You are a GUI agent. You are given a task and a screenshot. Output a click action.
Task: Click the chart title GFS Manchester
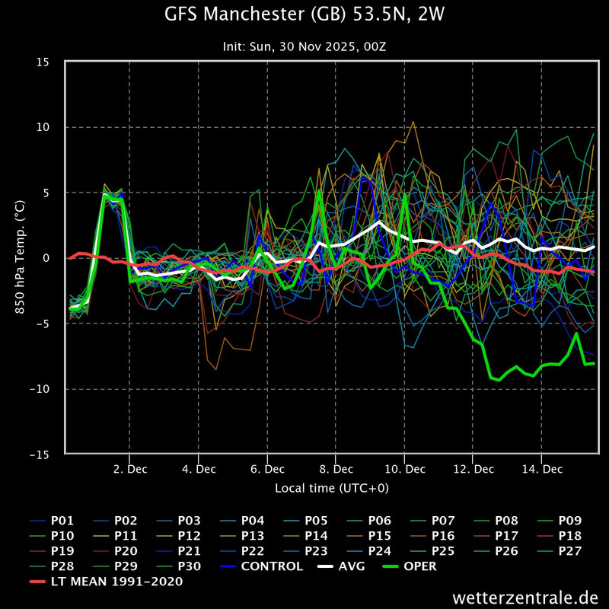point(304,14)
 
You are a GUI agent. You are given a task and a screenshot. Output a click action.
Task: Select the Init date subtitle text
point(304,46)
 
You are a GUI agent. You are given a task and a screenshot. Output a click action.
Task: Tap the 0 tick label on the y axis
point(55,258)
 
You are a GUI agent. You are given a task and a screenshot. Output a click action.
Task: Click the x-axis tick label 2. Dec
point(129,470)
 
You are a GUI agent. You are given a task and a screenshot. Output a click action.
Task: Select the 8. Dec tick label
point(336,470)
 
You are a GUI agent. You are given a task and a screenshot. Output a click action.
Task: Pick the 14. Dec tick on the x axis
point(541,470)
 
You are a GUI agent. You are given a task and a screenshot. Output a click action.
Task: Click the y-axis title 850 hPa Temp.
point(21,258)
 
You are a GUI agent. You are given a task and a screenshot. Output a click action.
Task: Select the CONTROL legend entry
point(272,566)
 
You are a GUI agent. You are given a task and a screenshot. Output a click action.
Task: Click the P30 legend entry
point(189,566)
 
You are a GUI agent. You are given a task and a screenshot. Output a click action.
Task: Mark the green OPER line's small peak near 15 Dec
point(576,333)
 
